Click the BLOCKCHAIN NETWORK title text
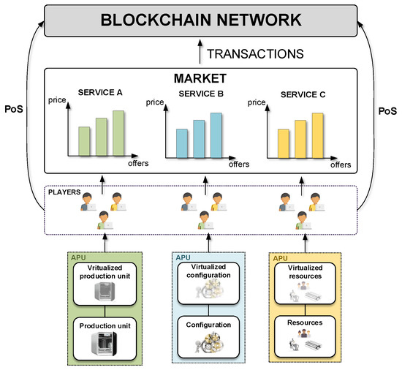click(x=200, y=21)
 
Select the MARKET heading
click(x=200, y=77)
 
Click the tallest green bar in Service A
click(x=118, y=134)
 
